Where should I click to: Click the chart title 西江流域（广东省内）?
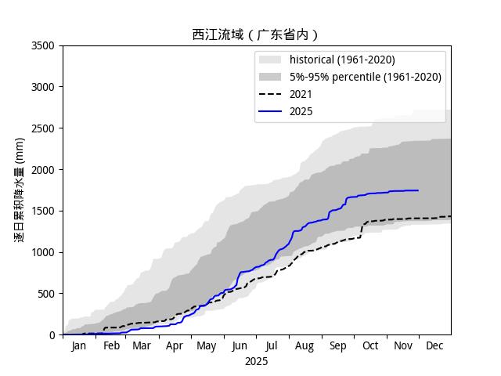click(x=256, y=34)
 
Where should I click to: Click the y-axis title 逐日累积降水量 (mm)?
click(x=20, y=190)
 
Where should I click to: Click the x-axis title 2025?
click(x=256, y=361)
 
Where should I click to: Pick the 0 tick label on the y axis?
click(x=52, y=335)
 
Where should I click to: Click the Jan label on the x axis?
click(x=79, y=345)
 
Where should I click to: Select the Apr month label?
click(x=175, y=345)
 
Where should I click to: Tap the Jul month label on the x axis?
click(x=272, y=345)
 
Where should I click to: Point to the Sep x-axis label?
click(x=337, y=345)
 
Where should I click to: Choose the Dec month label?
click(x=434, y=345)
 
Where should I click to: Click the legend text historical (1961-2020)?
click(x=342, y=60)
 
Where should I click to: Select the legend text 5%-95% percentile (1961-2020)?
click(x=366, y=77)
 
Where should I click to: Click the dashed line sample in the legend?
click(x=270, y=94)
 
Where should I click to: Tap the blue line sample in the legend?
click(x=270, y=111)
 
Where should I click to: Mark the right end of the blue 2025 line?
click(x=418, y=190)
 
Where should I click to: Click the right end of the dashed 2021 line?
click(x=450, y=216)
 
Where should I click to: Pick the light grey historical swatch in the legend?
click(x=270, y=60)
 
